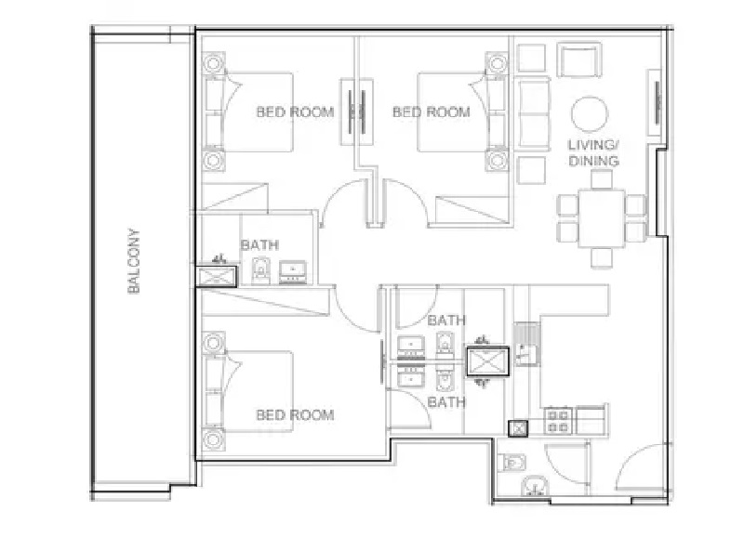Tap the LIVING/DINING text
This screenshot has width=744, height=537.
(x=593, y=152)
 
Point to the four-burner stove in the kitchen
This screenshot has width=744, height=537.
(x=558, y=421)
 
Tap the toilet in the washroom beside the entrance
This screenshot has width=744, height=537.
(x=512, y=463)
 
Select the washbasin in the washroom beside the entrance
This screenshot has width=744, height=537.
(x=533, y=486)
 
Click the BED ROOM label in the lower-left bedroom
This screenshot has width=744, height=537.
(x=295, y=414)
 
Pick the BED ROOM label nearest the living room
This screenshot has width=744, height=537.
(x=431, y=111)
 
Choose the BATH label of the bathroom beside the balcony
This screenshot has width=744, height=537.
(x=259, y=245)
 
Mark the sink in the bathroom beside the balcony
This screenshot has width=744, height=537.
(x=295, y=271)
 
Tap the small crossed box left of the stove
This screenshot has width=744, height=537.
(x=518, y=428)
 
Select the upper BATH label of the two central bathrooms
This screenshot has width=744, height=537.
(x=446, y=320)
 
